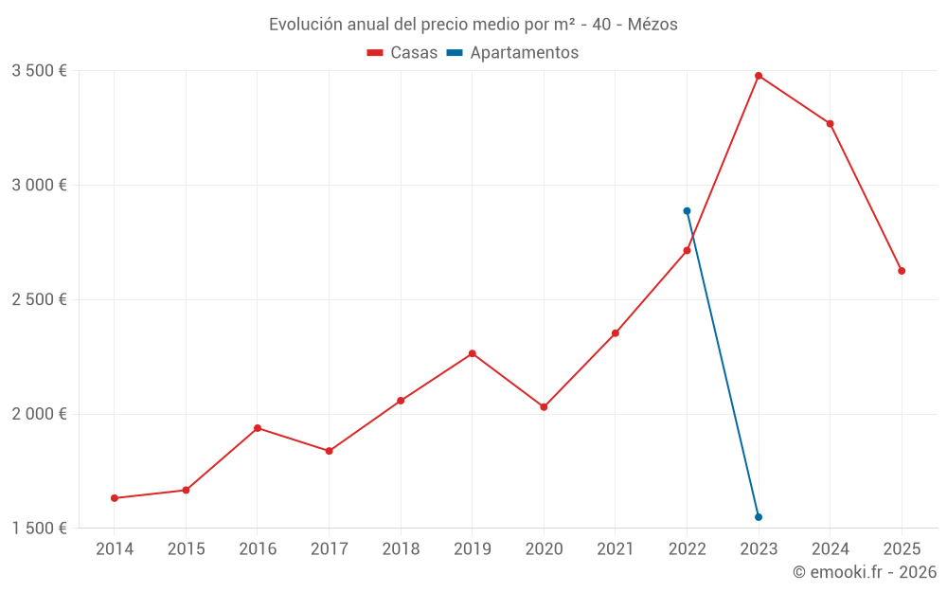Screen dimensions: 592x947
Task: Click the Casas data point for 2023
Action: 759,76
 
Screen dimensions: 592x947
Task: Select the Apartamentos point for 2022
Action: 687,211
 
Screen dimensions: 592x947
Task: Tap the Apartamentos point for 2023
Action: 759,517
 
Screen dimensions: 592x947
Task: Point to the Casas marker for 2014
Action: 115,498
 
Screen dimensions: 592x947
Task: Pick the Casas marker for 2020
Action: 544,407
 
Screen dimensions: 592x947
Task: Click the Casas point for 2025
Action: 902,271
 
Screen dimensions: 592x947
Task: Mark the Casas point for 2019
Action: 473,353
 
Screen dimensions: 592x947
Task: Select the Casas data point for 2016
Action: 258,428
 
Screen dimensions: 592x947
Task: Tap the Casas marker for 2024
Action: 831,124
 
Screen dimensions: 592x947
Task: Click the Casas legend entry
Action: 402,53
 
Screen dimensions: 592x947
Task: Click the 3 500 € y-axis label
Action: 39,71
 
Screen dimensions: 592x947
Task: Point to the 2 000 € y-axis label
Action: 39,414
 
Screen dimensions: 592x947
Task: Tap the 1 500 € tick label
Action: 39,529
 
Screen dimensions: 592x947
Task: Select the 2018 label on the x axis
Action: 401,549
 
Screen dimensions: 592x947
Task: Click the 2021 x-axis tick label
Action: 616,549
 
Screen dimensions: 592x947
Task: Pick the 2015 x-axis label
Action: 186,549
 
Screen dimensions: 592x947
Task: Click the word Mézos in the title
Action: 652,25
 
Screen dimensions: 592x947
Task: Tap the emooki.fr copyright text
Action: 865,572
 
